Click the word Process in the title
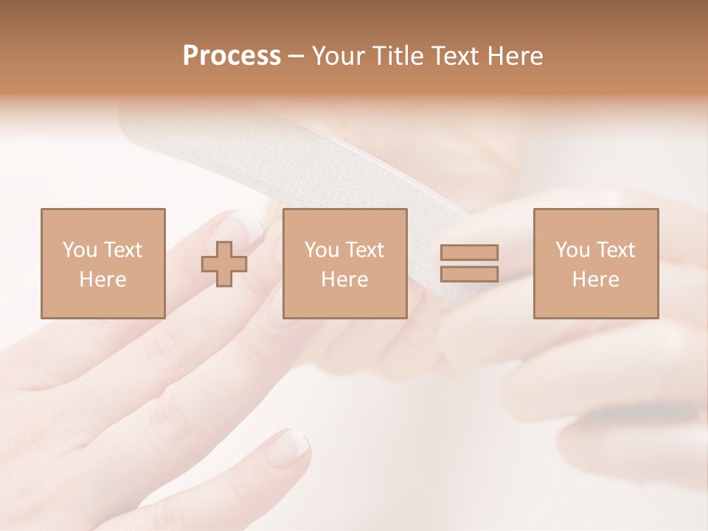pyautogui.click(x=232, y=56)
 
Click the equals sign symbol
pyautogui.click(x=469, y=263)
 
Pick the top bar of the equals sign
pyautogui.click(x=469, y=253)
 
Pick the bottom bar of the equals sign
pyautogui.click(x=469, y=274)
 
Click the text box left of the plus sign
pyautogui.click(x=103, y=263)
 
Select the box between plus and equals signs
pyautogui.click(x=344, y=263)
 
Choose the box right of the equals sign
pyautogui.click(x=595, y=263)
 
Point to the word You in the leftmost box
pyautogui.click(x=80, y=250)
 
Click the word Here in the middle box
pyautogui.click(x=344, y=280)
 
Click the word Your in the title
pyautogui.click(x=339, y=56)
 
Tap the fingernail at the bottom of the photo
pyautogui.click(x=290, y=445)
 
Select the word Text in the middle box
pyautogui.click(x=364, y=250)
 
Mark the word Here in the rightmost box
pyautogui.click(x=595, y=280)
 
